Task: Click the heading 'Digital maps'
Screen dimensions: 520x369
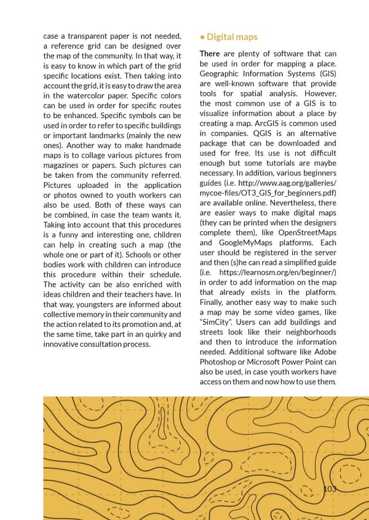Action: (x=232, y=37)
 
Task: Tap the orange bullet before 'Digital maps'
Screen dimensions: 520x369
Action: (x=202, y=37)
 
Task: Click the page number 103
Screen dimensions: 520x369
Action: (x=330, y=489)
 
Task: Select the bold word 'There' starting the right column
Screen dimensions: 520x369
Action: (x=210, y=54)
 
